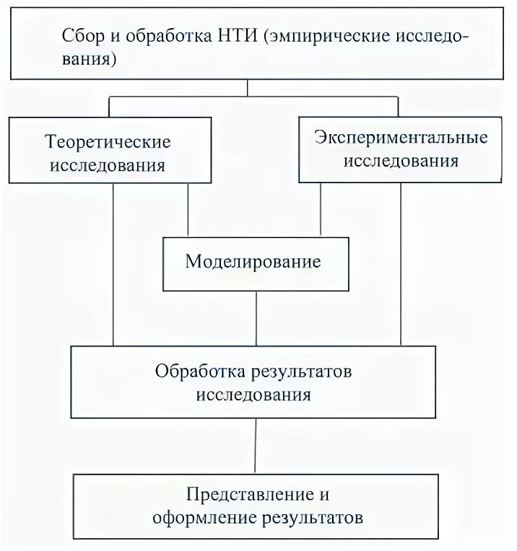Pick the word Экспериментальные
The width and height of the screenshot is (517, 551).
tap(401, 136)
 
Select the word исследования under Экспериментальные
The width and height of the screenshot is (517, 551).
tap(401, 160)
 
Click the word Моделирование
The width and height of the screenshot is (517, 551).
tap(253, 261)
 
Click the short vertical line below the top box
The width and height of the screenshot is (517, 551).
tap(248, 87)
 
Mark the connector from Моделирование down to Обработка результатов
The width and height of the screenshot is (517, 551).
tap(256, 317)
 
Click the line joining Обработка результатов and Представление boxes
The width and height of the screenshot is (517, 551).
tap(256, 446)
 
